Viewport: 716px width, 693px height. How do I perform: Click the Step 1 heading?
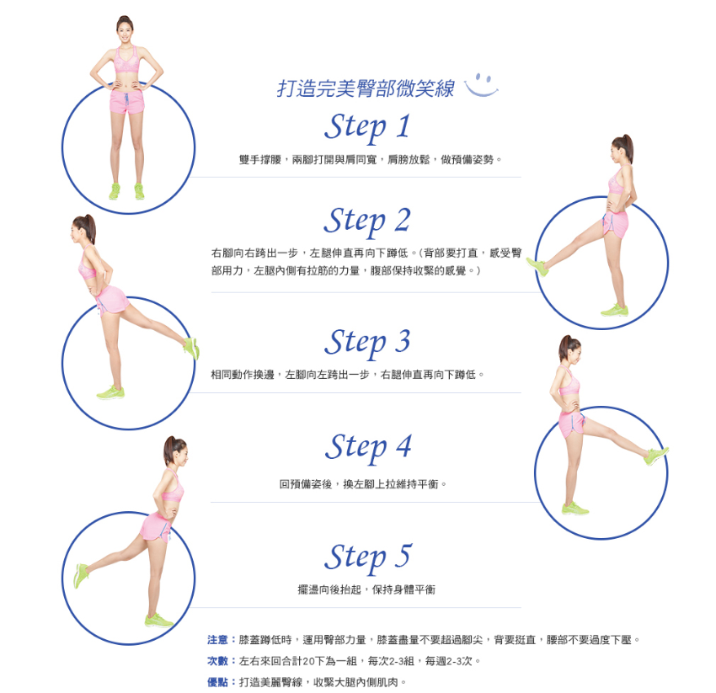tap(367, 127)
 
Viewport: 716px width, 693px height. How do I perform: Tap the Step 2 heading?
tap(367, 221)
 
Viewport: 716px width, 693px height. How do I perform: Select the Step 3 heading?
tap(367, 343)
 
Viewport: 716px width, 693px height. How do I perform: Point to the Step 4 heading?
tap(368, 447)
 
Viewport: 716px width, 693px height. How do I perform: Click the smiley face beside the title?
tap(481, 85)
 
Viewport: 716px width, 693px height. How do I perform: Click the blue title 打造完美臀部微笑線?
tap(366, 88)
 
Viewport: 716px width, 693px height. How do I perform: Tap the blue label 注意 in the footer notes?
tap(217, 640)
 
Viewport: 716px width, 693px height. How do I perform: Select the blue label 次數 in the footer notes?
tap(217, 661)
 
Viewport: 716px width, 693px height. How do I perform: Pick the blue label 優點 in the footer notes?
tap(217, 682)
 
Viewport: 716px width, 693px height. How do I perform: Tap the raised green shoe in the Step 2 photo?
tap(537, 266)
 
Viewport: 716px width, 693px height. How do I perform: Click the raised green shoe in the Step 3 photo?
tap(191, 348)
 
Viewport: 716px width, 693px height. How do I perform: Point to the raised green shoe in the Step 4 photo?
tap(655, 456)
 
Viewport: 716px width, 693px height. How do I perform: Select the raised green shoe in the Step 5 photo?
tap(81, 576)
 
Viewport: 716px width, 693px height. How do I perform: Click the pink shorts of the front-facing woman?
tap(126, 101)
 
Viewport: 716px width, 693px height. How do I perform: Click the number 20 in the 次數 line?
tap(308, 661)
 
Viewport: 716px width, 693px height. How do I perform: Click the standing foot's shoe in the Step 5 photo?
tap(159, 621)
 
